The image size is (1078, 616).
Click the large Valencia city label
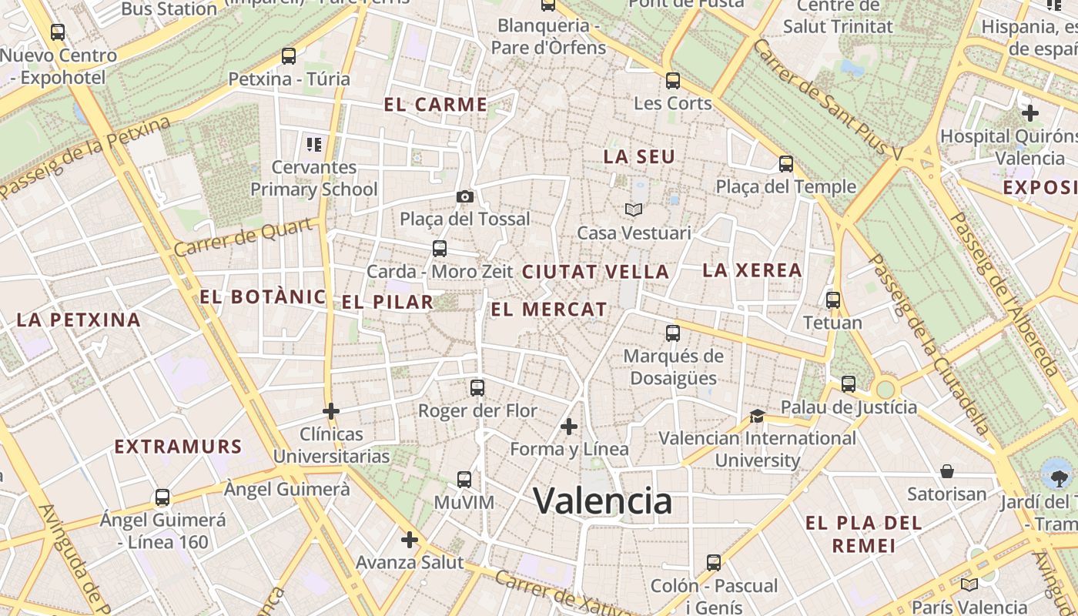click(603, 501)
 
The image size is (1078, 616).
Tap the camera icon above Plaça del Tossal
click(464, 196)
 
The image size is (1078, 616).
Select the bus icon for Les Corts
click(673, 80)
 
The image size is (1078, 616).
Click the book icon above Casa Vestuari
click(634, 209)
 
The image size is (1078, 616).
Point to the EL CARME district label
click(436, 105)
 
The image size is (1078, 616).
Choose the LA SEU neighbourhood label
click(639, 157)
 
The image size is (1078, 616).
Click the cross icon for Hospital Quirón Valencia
click(1030, 113)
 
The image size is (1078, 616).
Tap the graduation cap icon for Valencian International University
click(757, 416)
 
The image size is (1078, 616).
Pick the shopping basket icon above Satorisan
click(947, 471)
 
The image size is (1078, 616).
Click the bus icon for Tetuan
click(832, 300)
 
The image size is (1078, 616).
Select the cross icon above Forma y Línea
click(569, 426)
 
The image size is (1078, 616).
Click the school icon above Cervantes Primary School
click(313, 144)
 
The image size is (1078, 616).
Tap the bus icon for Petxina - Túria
click(289, 56)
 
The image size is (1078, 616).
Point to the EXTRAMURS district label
click(178, 447)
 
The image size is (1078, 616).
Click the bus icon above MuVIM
click(464, 480)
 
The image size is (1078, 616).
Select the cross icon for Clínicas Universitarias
click(331, 411)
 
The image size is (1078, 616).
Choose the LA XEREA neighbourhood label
click(752, 270)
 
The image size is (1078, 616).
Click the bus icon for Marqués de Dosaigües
click(673, 333)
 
